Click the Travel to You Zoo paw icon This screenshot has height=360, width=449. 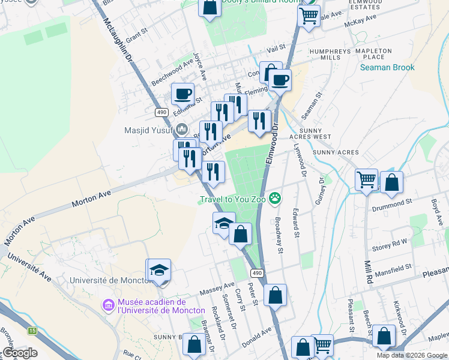(x=275, y=197)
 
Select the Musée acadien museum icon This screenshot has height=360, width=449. (x=109, y=306)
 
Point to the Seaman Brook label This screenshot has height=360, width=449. (x=387, y=67)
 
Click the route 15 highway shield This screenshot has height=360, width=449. (x=31, y=331)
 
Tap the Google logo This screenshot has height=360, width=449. (x=19, y=353)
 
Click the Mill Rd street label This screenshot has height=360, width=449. (x=367, y=271)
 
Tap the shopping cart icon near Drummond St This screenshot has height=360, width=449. (x=366, y=179)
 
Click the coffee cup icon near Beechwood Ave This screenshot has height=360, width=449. (x=182, y=94)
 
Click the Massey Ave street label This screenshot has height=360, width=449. (x=220, y=289)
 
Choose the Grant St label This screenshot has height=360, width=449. (x=136, y=33)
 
